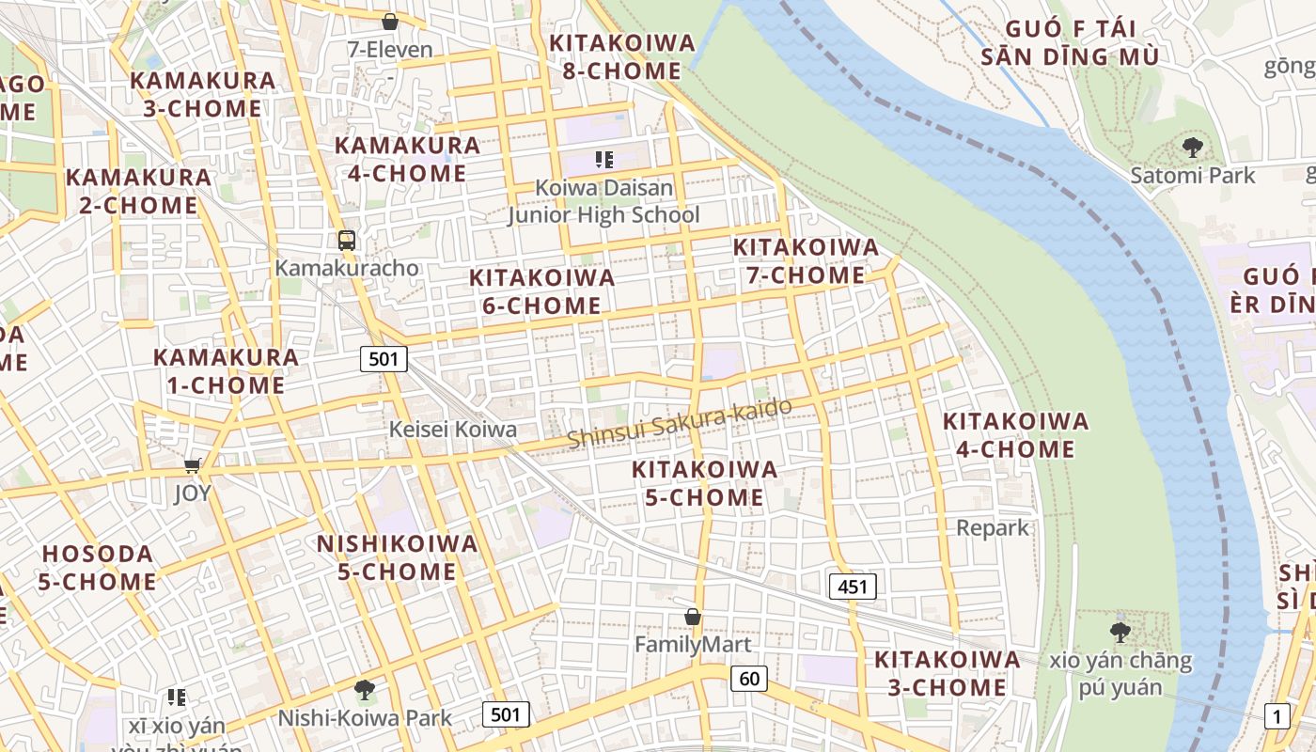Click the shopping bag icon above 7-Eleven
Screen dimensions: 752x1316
(x=390, y=21)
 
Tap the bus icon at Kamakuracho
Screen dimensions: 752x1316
(x=347, y=240)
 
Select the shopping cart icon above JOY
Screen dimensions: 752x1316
(x=193, y=465)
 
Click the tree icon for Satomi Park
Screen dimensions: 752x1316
(x=1193, y=147)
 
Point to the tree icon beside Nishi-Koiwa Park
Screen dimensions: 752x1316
(x=364, y=691)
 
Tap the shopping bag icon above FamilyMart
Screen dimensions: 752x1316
(x=693, y=617)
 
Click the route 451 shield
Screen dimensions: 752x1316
(x=853, y=587)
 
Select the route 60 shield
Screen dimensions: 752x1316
(x=748, y=678)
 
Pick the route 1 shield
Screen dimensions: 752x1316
(x=1277, y=715)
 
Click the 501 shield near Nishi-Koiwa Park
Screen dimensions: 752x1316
(x=505, y=714)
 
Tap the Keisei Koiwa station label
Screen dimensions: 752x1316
(x=453, y=430)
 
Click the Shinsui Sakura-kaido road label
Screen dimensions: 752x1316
(x=679, y=423)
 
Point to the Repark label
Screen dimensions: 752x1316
(x=993, y=527)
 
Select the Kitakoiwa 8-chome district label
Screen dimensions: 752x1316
(x=622, y=56)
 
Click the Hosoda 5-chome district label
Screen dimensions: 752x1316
(x=97, y=568)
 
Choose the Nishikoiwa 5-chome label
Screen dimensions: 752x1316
(x=397, y=557)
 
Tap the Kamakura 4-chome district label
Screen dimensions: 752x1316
(x=407, y=159)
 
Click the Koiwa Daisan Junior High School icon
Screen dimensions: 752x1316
(x=603, y=160)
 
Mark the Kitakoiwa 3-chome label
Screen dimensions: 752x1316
(x=947, y=673)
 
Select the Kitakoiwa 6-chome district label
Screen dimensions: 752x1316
(x=541, y=291)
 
